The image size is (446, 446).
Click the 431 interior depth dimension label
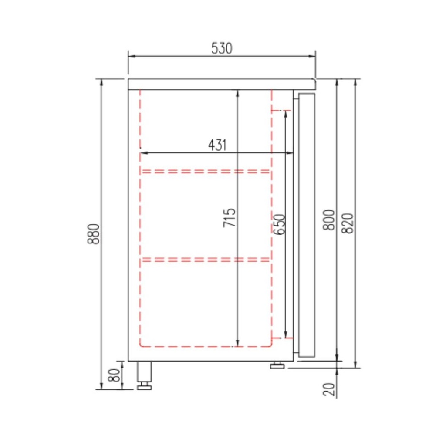217,145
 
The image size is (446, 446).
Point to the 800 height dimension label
330,220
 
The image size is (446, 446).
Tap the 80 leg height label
115,375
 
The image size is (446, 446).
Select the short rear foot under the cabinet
277,365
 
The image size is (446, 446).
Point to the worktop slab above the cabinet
221,84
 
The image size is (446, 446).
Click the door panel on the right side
307,224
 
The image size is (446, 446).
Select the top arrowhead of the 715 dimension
237,93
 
